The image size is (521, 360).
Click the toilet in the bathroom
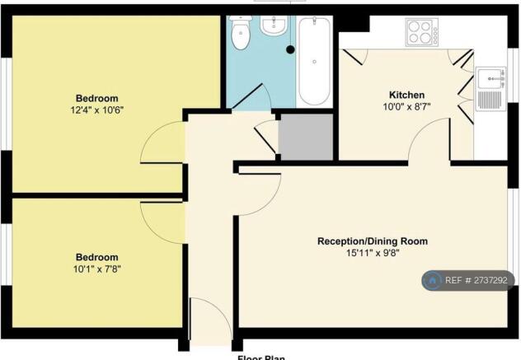pyautogui.click(x=241, y=35)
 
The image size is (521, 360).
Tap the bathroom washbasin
pyautogui.click(x=273, y=26)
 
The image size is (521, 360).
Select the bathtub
pyautogui.click(x=314, y=62)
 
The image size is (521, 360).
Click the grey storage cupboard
pyautogui.click(x=306, y=137)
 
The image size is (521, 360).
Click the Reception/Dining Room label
pyautogui.click(x=373, y=241)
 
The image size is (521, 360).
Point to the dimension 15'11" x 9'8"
pyautogui.click(x=373, y=254)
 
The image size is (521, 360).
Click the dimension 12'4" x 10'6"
pyautogui.click(x=97, y=109)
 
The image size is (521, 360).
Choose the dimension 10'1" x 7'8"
pyautogui.click(x=97, y=269)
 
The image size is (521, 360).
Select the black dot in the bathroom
pyautogui.click(x=290, y=49)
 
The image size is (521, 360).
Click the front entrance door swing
pyautogui.click(x=208, y=317)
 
